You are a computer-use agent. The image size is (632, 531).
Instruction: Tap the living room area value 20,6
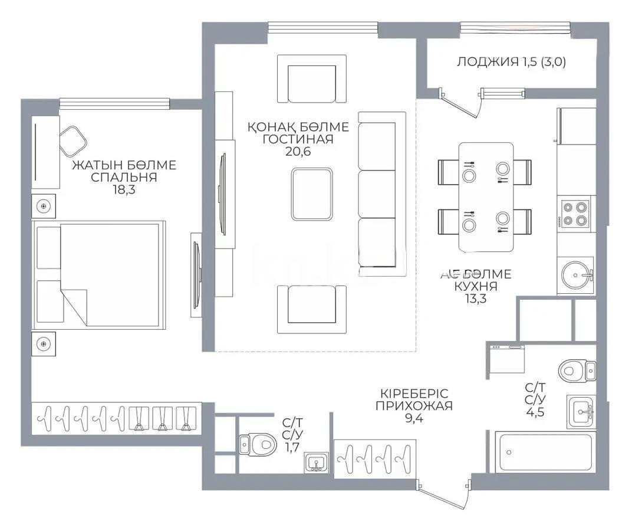coord(298,152)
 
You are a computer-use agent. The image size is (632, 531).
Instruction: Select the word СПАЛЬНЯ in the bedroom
coord(124,178)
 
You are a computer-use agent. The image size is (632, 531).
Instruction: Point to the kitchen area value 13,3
coord(475,299)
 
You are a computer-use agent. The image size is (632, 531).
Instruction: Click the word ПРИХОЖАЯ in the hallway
coord(414,405)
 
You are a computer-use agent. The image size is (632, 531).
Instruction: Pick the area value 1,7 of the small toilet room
coord(292,448)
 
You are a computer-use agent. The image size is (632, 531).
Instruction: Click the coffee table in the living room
coord(311,194)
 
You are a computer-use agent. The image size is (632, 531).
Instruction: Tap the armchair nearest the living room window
coord(311,80)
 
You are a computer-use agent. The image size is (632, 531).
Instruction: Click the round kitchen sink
coord(575,274)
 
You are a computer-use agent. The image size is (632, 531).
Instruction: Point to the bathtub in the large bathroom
coord(545,452)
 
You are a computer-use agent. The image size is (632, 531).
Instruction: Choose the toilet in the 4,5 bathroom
coord(575,371)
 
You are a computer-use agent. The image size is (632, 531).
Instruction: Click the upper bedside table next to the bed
coord(44,206)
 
